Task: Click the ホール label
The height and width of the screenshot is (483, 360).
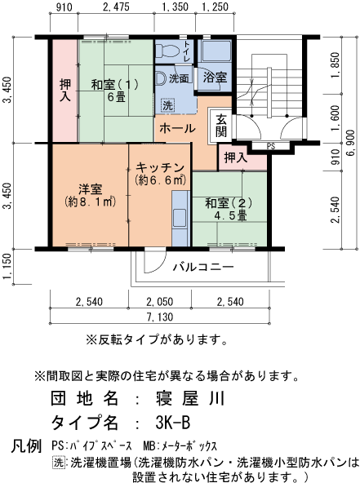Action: (177, 129)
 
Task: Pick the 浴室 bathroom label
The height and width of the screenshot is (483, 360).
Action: (216, 78)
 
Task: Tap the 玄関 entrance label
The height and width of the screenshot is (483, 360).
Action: (221, 125)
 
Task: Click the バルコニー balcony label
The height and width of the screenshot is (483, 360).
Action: (204, 267)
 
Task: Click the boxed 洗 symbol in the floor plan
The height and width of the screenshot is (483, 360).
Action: (167, 105)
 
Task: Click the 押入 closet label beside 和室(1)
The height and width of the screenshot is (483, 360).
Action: (64, 91)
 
